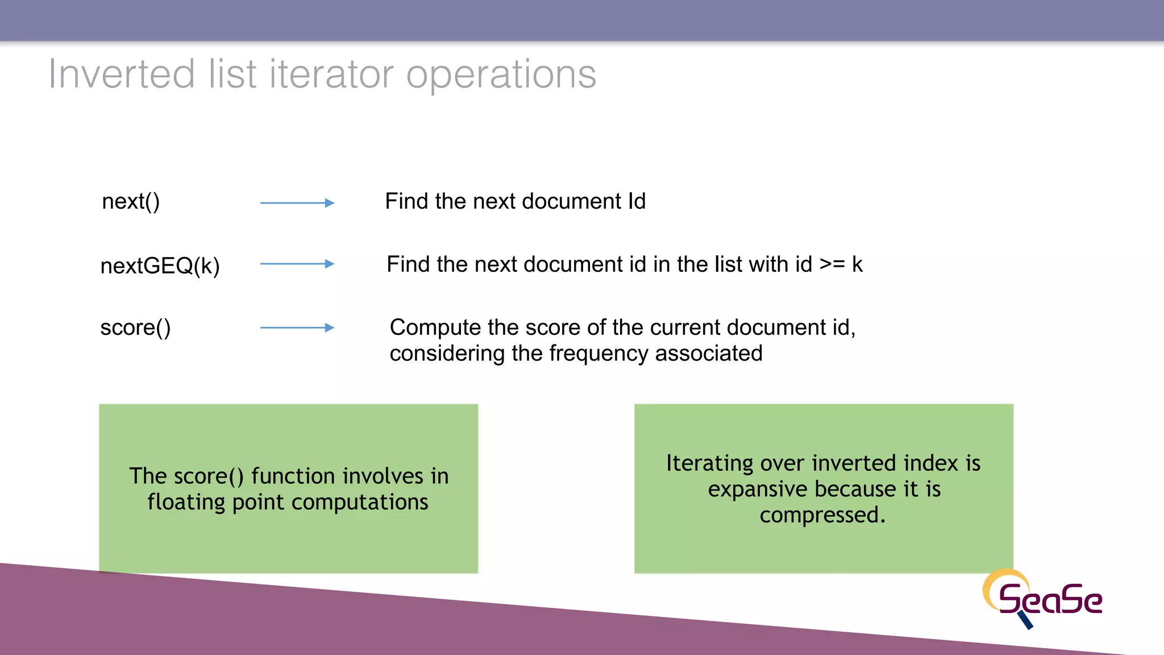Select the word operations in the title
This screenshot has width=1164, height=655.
[x=501, y=75]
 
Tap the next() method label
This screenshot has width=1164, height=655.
[x=131, y=202]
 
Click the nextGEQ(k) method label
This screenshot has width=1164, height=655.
[x=160, y=266]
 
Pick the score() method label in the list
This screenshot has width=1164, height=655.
[x=135, y=328]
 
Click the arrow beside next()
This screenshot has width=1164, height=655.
[x=297, y=203]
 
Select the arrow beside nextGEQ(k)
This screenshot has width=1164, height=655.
[x=297, y=264]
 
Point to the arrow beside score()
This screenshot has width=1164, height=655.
[x=297, y=327]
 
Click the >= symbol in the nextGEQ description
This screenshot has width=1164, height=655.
[x=832, y=265]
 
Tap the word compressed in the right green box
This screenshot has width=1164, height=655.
[x=820, y=515]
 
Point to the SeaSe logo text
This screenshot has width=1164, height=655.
[x=1050, y=600]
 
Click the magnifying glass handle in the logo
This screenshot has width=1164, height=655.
[x=1026, y=620]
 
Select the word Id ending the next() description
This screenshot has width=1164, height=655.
[x=637, y=201]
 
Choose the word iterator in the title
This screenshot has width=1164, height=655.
[x=331, y=74]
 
